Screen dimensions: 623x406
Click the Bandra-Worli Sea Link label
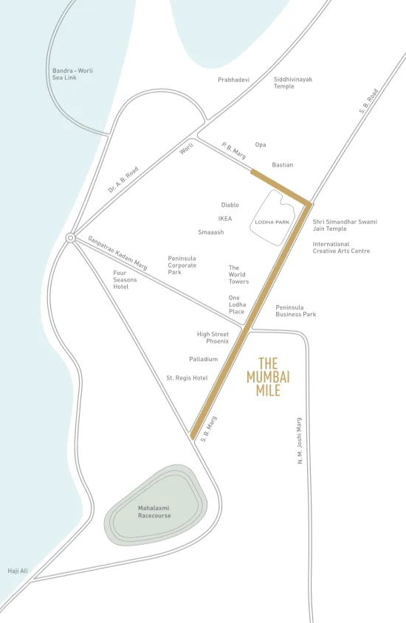(x=72, y=74)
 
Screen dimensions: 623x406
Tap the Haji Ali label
(x=18, y=571)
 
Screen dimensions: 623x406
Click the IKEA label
(x=225, y=218)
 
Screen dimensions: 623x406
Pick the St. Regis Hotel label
(x=187, y=377)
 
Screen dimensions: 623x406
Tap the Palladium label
(x=203, y=359)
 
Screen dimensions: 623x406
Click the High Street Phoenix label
(x=213, y=338)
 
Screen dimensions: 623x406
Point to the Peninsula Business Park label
(x=295, y=310)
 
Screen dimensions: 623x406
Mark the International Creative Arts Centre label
(x=340, y=247)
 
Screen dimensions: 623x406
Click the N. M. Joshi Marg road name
(x=300, y=441)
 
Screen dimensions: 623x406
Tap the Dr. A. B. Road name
(x=123, y=180)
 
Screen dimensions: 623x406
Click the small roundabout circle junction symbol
(x=70, y=238)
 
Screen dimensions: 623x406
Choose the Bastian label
(x=282, y=165)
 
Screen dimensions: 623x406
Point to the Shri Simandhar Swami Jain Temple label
(x=344, y=225)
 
